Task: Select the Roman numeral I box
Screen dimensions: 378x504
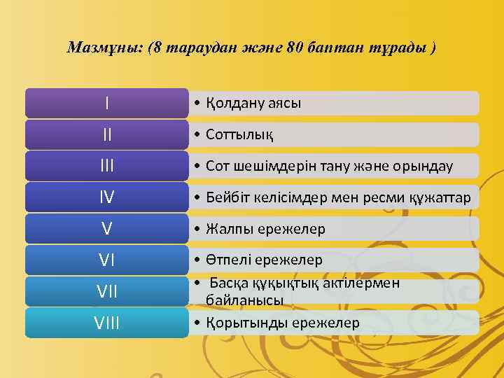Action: click(x=106, y=103)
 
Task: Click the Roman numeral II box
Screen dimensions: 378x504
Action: click(x=106, y=134)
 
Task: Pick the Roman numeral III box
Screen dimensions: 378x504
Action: click(x=106, y=166)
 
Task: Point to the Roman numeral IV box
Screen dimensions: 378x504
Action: click(x=106, y=197)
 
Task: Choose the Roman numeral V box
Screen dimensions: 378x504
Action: click(x=106, y=229)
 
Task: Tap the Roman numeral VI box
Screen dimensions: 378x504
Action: click(x=106, y=260)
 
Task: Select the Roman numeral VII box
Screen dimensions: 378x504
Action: click(x=106, y=291)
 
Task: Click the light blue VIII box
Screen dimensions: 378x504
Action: click(x=106, y=323)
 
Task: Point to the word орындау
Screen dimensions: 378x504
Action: click(x=427, y=166)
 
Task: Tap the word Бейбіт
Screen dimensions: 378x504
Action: click(x=227, y=197)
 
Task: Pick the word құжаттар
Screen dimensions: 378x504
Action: click(x=446, y=197)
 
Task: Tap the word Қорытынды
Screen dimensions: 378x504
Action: click(x=238, y=323)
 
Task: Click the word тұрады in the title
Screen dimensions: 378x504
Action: click(x=402, y=48)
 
